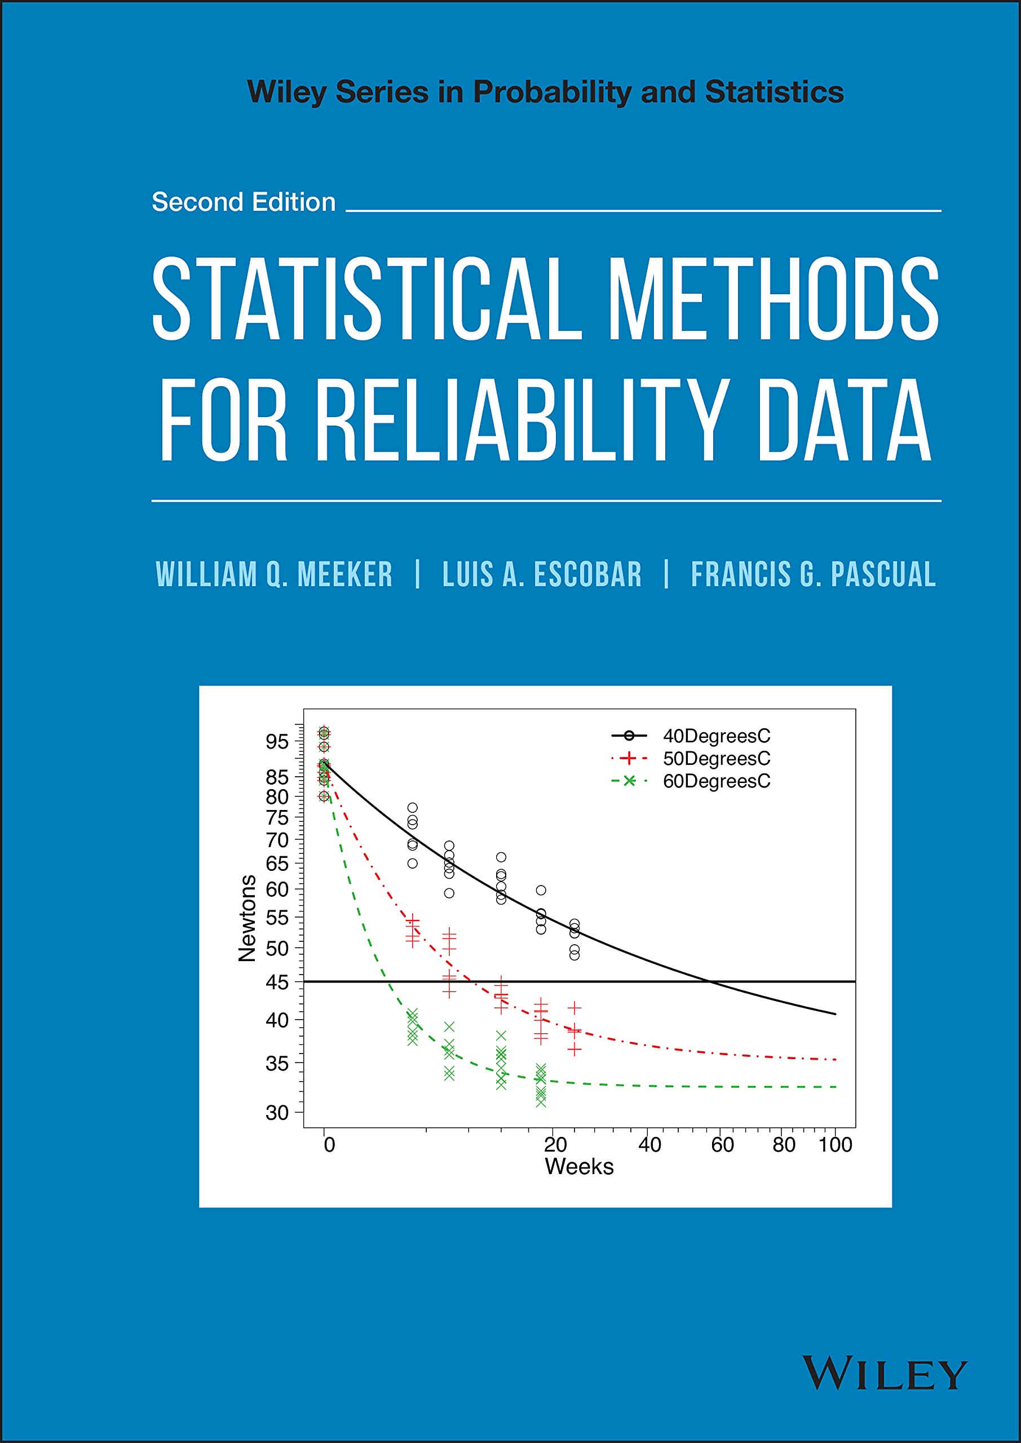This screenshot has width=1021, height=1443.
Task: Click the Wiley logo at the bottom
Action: click(884, 1373)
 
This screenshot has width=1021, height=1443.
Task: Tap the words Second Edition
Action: click(244, 202)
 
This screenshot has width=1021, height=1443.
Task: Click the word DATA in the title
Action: click(844, 420)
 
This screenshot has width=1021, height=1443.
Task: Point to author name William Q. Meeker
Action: click(274, 574)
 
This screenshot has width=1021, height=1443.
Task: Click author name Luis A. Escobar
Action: click(542, 574)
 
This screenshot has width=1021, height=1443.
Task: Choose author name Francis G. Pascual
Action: click(813, 574)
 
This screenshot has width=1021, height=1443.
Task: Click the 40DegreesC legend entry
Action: click(716, 736)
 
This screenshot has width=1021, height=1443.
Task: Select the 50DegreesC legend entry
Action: click(716, 758)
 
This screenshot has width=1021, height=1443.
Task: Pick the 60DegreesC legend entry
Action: click(716, 781)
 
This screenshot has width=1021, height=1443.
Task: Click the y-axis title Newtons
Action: click(247, 918)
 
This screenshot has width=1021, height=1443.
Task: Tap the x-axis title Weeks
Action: click(578, 1166)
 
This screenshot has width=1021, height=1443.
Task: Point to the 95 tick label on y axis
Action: click(277, 742)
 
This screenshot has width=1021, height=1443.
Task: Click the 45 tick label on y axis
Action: click(277, 982)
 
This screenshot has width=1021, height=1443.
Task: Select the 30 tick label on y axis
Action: click(277, 1113)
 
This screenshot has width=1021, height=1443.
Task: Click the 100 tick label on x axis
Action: click(834, 1144)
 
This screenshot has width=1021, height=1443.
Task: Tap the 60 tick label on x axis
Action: click(722, 1144)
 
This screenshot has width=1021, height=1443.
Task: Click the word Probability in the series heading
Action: click(551, 92)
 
